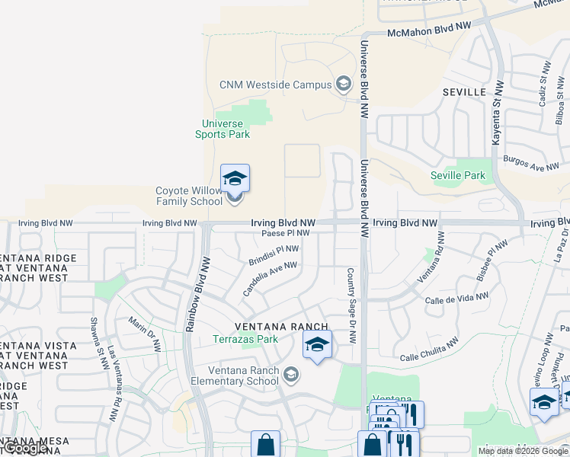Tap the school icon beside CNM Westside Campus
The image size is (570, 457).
(x=343, y=84)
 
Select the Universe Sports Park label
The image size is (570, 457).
(x=223, y=129)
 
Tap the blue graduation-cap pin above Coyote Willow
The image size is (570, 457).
(x=235, y=179)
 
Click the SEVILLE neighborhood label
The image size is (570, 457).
(x=464, y=91)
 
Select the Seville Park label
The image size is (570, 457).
(x=457, y=175)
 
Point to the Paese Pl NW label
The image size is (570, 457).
(x=285, y=233)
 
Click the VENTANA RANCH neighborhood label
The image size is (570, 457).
(x=281, y=327)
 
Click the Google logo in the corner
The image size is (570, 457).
(x=26, y=449)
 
